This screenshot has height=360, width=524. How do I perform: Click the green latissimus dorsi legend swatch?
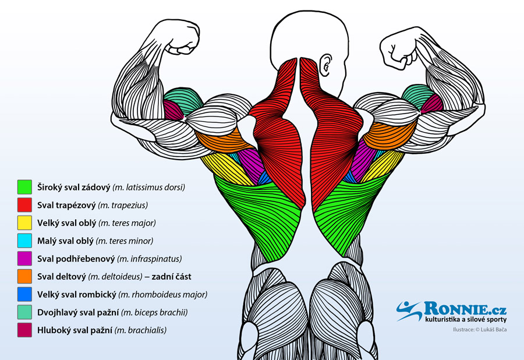point(24,187)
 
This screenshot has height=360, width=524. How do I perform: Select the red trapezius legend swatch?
point(24,205)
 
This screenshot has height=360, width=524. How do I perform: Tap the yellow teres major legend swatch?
point(24,223)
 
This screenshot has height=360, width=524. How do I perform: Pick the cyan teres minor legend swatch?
point(24,241)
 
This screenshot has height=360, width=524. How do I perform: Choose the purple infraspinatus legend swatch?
point(24,259)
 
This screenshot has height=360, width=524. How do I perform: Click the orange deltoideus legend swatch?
point(24,277)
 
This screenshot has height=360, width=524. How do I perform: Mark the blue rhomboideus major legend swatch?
point(24,294)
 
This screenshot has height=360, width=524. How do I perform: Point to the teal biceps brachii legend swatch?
point(24,312)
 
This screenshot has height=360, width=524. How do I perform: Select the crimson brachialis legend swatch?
point(24,330)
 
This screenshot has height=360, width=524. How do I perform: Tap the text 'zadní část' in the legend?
point(171,277)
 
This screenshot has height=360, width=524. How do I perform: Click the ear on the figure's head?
point(325,65)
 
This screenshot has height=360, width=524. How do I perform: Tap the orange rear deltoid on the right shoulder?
point(390,135)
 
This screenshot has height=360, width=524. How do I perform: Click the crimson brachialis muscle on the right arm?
point(432,104)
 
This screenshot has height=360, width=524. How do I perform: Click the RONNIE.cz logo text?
point(465,308)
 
